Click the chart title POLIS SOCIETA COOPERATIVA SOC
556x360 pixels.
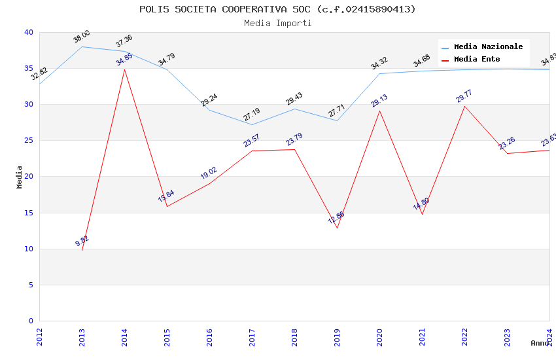click(x=277, y=9)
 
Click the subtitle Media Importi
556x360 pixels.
click(x=277, y=23)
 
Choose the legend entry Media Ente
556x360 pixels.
click(x=477, y=60)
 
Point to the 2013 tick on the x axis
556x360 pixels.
click(x=82, y=336)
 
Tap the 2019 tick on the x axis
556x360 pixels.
click(x=337, y=336)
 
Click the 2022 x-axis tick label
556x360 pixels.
click(x=464, y=336)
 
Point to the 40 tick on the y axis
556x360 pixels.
click(x=28, y=33)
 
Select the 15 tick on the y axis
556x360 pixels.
click(x=28, y=213)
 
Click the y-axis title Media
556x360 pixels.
click(x=20, y=177)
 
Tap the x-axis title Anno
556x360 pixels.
click(x=540, y=343)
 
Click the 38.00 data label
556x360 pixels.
click(x=82, y=37)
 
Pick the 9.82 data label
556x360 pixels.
click(x=82, y=240)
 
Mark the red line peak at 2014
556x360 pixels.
click(x=124, y=69)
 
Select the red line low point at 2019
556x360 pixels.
click(x=337, y=228)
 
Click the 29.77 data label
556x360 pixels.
click(x=464, y=96)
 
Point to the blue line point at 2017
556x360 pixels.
click(x=252, y=124)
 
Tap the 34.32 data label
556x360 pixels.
click(x=379, y=63)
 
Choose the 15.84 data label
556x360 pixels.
click(x=166, y=196)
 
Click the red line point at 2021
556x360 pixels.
click(x=422, y=214)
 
